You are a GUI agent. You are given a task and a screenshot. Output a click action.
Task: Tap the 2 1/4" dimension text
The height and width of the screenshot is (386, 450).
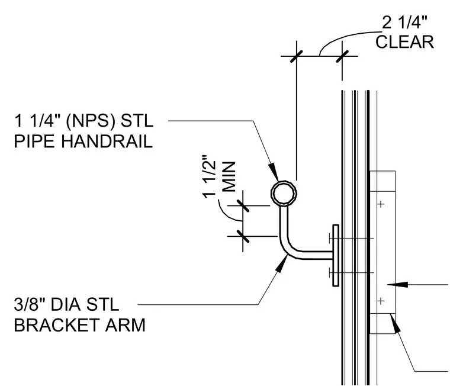click(x=404, y=22)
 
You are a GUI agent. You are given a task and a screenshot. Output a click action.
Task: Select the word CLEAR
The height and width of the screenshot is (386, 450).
click(x=404, y=42)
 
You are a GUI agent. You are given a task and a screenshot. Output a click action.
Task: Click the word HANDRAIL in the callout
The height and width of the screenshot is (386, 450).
click(x=107, y=141)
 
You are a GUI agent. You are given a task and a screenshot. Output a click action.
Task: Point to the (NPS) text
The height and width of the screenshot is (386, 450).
click(x=91, y=121)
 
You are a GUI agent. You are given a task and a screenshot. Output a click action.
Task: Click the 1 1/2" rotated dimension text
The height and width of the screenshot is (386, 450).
click(x=208, y=176)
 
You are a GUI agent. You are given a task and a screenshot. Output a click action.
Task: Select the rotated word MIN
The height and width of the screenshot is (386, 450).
click(x=229, y=177)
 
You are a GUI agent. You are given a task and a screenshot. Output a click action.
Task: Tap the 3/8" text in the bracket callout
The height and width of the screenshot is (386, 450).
click(x=30, y=304)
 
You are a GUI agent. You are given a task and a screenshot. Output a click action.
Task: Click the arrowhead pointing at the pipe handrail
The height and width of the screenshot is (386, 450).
click(x=273, y=172)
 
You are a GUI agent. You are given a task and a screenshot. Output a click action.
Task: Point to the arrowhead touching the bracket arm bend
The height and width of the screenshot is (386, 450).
click(x=282, y=263)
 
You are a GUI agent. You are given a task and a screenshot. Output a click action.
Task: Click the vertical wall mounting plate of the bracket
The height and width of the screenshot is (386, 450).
click(x=336, y=255)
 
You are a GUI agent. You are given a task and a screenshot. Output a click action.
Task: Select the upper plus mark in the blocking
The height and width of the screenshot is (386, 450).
click(x=381, y=204)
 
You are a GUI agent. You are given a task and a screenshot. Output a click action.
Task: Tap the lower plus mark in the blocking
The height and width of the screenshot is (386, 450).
click(x=381, y=301)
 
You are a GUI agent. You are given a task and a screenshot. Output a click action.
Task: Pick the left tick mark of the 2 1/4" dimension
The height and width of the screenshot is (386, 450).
click(x=297, y=56)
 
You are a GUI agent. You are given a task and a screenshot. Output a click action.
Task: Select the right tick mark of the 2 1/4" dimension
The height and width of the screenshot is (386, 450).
click(x=342, y=56)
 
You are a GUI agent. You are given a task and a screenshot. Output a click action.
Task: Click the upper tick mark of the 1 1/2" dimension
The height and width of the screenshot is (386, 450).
click(x=243, y=205)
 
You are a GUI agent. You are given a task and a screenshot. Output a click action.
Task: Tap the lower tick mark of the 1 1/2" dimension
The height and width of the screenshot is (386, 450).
click(x=243, y=236)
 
